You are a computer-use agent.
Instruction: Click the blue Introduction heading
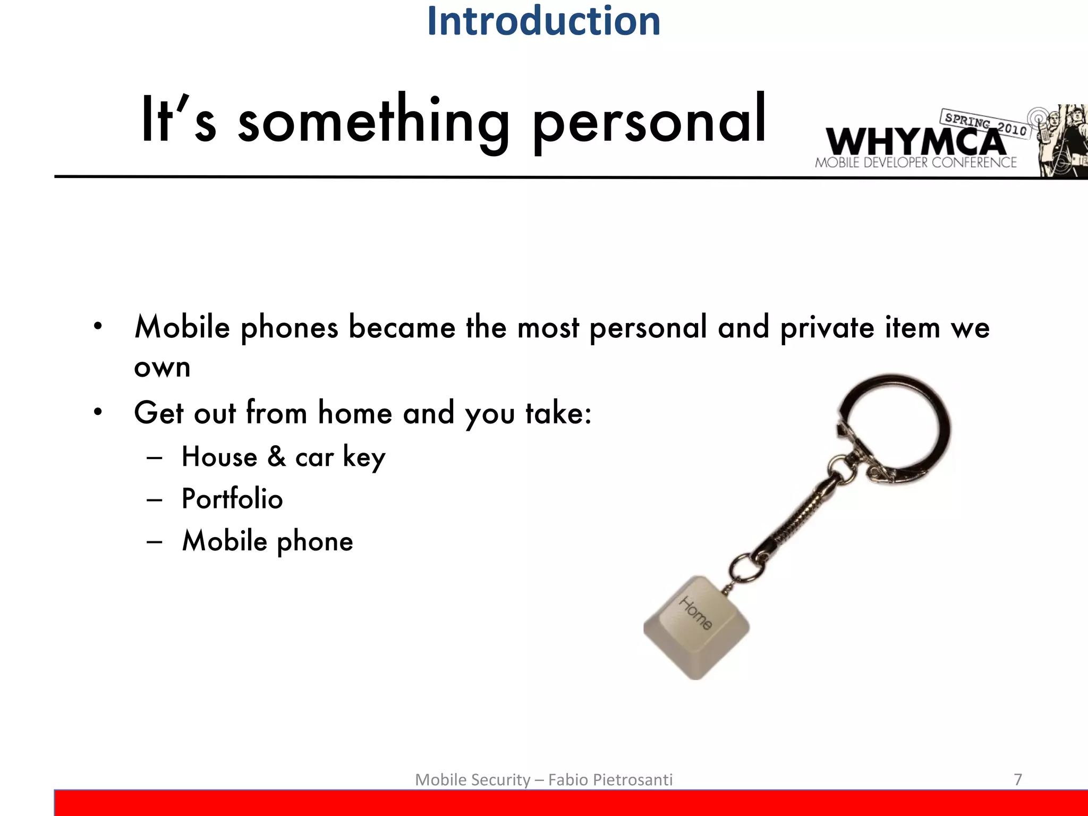pyautogui.click(x=543, y=21)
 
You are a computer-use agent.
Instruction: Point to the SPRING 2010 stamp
pyautogui.click(x=985, y=123)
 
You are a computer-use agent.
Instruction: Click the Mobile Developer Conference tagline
pyautogui.click(x=915, y=163)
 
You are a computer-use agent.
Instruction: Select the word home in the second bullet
pyautogui.click(x=355, y=413)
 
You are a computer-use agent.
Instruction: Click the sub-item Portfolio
pyautogui.click(x=232, y=499)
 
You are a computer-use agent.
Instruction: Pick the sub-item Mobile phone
pyautogui.click(x=267, y=541)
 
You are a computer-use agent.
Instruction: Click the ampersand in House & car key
pyautogui.click(x=276, y=456)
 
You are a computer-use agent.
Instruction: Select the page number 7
pyautogui.click(x=1018, y=779)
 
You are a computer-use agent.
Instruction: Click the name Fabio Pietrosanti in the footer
pyautogui.click(x=610, y=780)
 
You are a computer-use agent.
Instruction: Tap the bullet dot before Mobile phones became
pyautogui.click(x=97, y=326)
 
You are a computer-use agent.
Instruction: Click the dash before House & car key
pyautogui.click(x=155, y=457)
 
